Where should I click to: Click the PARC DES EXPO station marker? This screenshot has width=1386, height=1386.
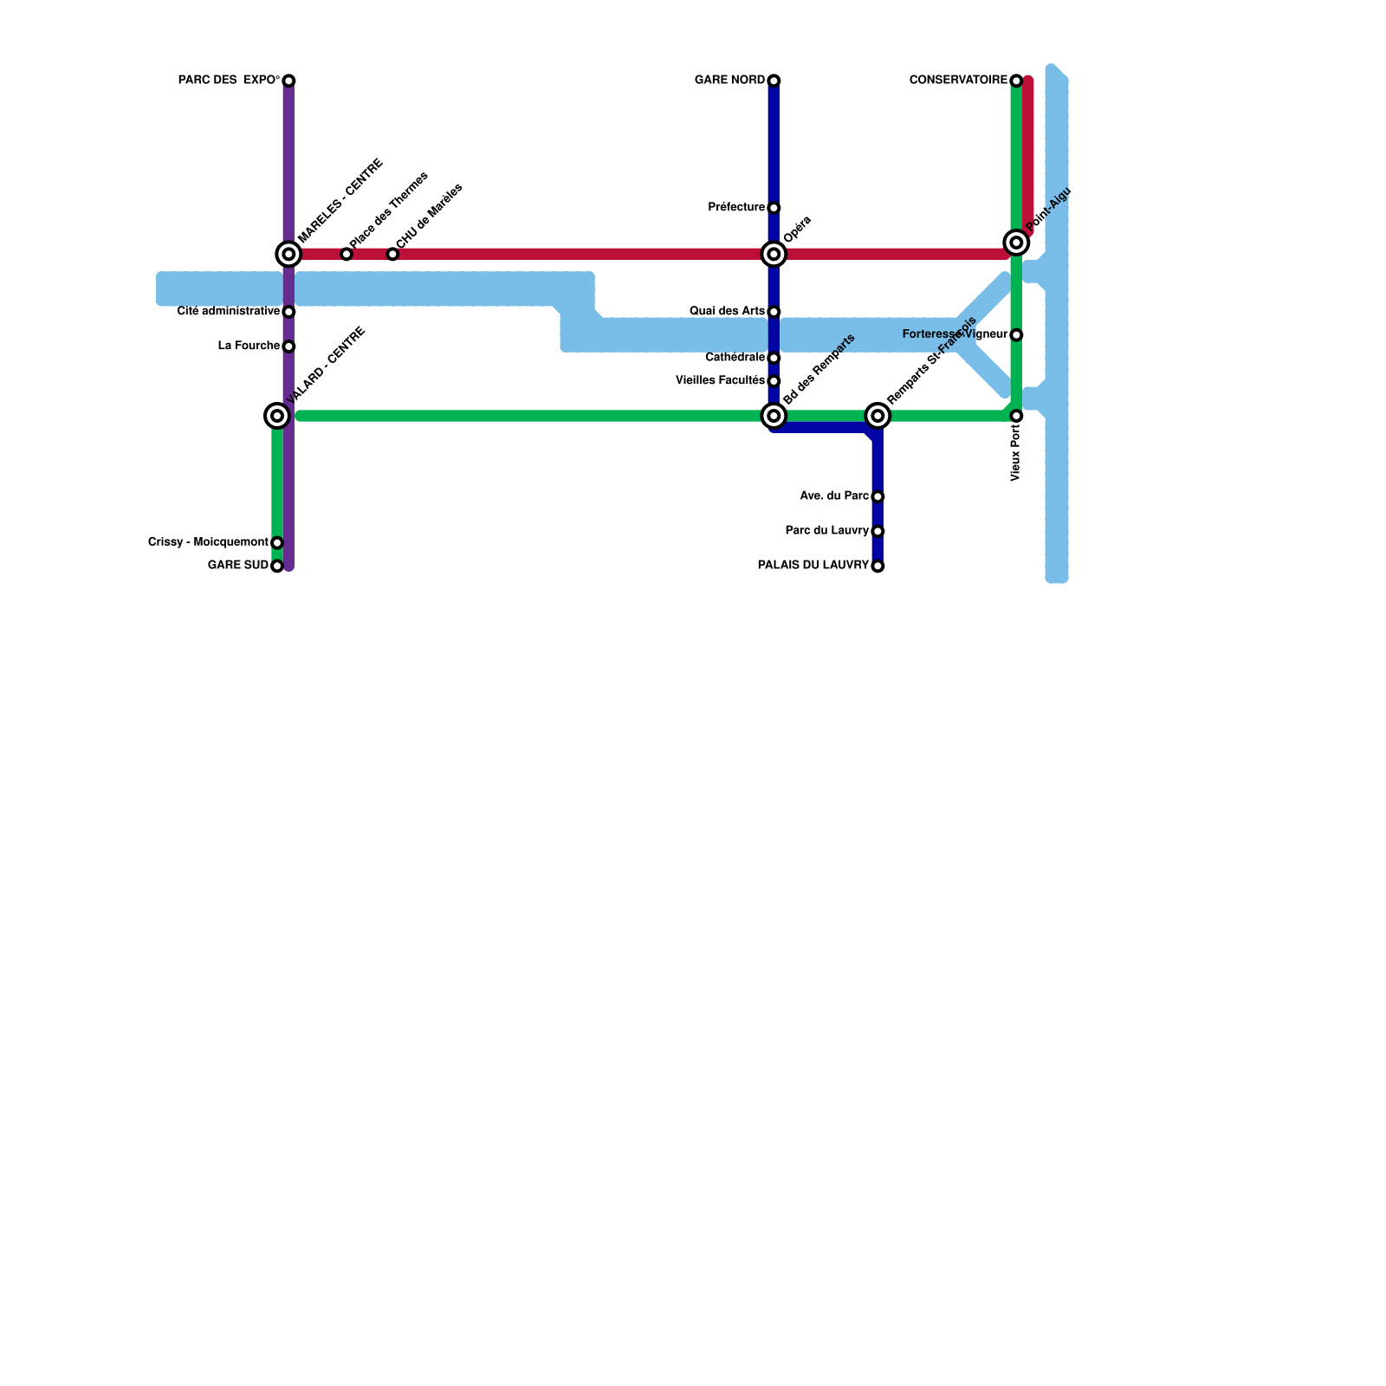click(288, 81)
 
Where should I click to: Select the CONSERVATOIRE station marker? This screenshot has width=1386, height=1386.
click(1016, 81)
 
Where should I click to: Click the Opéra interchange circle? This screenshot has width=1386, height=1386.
click(774, 255)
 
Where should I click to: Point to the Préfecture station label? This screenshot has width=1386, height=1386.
click(736, 208)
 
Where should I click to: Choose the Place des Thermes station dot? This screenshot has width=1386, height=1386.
click(346, 255)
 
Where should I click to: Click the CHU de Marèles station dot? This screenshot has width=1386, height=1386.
click(392, 255)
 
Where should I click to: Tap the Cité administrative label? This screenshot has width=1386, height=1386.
click(229, 312)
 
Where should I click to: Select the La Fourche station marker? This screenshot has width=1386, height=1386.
click(288, 346)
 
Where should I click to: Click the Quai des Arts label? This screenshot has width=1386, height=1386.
click(728, 312)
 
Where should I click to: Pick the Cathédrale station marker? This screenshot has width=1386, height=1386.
click(774, 359)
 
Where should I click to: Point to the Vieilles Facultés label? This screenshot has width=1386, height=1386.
click(720, 381)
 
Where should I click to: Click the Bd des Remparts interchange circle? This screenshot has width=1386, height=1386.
click(774, 417)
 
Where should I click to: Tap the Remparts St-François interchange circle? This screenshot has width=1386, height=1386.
click(878, 417)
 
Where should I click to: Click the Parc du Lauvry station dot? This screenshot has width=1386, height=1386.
click(878, 532)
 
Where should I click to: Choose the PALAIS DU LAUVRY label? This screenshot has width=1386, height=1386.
click(813, 567)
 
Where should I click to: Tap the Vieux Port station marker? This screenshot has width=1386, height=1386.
click(1016, 417)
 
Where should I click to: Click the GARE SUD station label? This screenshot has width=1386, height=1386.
click(238, 567)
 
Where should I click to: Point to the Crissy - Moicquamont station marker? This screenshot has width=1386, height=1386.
click(277, 543)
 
